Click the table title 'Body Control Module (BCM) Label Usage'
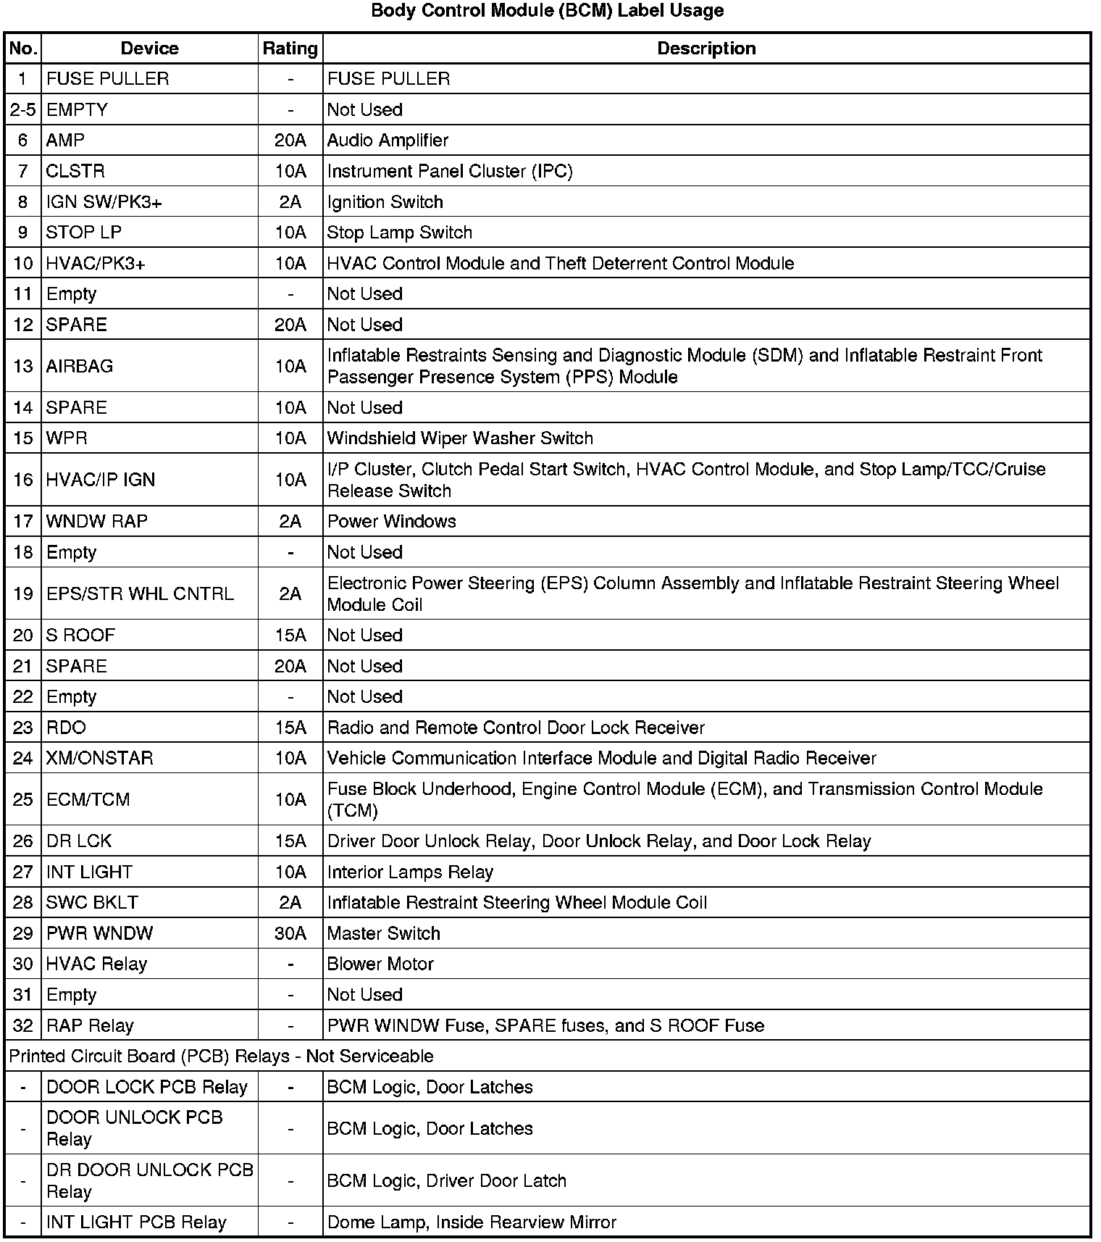[x=547, y=11]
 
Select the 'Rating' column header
[x=290, y=49]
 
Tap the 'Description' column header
[x=706, y=49]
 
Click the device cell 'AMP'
[x=65, y=140]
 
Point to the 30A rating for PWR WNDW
[x=290, y=933]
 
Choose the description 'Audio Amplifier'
[x=388, y=140]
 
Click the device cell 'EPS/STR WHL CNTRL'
[x=140, y=594]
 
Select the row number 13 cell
[x=23, y=366]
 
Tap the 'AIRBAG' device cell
[x=80, y=366]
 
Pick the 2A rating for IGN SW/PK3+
[x=290, y=201]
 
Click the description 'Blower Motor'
[x=380, y=964]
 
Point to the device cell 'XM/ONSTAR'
[x=99, y=758]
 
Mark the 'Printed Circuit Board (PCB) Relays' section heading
[x=221, y=1056]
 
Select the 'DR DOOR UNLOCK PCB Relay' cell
[x=149, y=1180]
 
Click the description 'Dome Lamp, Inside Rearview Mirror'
[x=472, y=1222]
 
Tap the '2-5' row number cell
[x=23, y=109]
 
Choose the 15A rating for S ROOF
[x=290, y=635]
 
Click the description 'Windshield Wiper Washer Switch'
[x=460, y=438]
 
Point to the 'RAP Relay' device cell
[x=90, y=1025]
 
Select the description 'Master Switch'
[x=384, y=933]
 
